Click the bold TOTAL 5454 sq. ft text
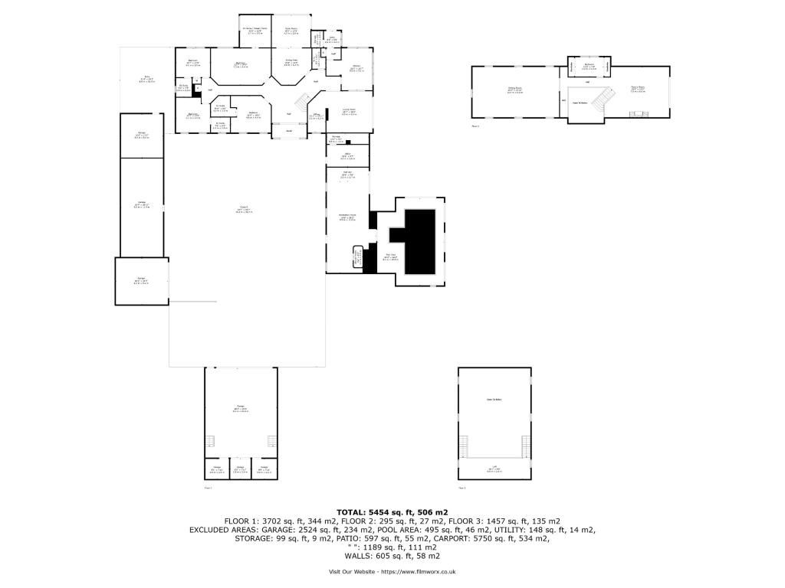[392, 511]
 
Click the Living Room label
[349, 112]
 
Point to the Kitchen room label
[356, 68]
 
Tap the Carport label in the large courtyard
[243, 209]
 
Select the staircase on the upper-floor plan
[606, 99]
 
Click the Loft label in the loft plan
[494, 469]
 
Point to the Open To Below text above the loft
[494, 399]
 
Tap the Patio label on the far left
[146, 78]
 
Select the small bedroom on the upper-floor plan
[589, 67]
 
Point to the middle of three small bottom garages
[240, 469]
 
